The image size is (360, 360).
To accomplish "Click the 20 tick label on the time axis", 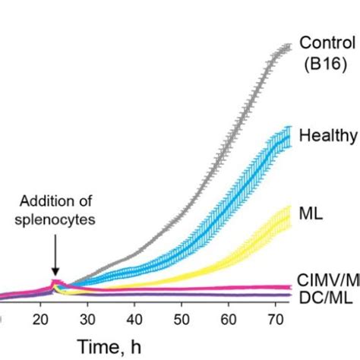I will (x=41, y=317).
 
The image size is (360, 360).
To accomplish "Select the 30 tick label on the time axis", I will (x=88, y=317).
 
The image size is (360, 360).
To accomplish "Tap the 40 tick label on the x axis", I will (x=134, y=317).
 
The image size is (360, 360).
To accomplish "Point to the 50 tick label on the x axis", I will (x=182, y=317).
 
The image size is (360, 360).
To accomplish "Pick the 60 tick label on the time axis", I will (x=229, y=317).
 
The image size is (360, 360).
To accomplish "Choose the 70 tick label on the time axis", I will (x=275, y=317).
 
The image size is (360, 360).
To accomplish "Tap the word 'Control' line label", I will (x=327, y=43).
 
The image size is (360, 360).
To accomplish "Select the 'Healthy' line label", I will (x=328, y=136).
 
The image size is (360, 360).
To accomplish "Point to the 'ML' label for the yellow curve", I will (x=312, y=214).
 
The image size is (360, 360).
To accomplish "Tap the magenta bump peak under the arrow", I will (x=54, y=283).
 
